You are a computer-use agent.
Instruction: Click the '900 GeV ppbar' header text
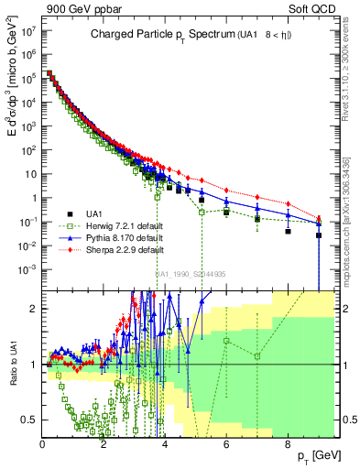click(77, 10)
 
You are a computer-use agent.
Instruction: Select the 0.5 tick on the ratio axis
click(30, 420)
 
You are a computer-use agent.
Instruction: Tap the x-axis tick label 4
click(165, 445)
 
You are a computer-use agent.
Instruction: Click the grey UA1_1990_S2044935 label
click(192, 273)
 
